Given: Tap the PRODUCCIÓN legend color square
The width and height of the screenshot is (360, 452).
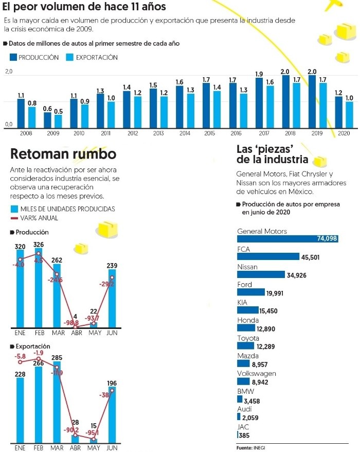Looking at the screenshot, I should click(13, 57).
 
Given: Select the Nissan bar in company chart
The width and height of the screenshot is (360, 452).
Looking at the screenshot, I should click(261, 275).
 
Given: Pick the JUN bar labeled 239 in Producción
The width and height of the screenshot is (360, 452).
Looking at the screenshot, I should click(112, 299).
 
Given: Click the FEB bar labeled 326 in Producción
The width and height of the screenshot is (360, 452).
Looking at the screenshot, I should click(39, 288).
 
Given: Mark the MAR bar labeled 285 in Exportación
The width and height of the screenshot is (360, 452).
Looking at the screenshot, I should click(57, 402).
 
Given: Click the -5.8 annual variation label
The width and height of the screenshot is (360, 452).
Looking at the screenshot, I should click(20, 356).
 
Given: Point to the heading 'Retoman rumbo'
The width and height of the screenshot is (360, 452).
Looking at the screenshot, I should click(63, 154).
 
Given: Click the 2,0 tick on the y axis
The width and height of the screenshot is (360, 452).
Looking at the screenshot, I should click(9, 71).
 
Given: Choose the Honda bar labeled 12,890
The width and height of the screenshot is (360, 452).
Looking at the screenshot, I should click(246, 328).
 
